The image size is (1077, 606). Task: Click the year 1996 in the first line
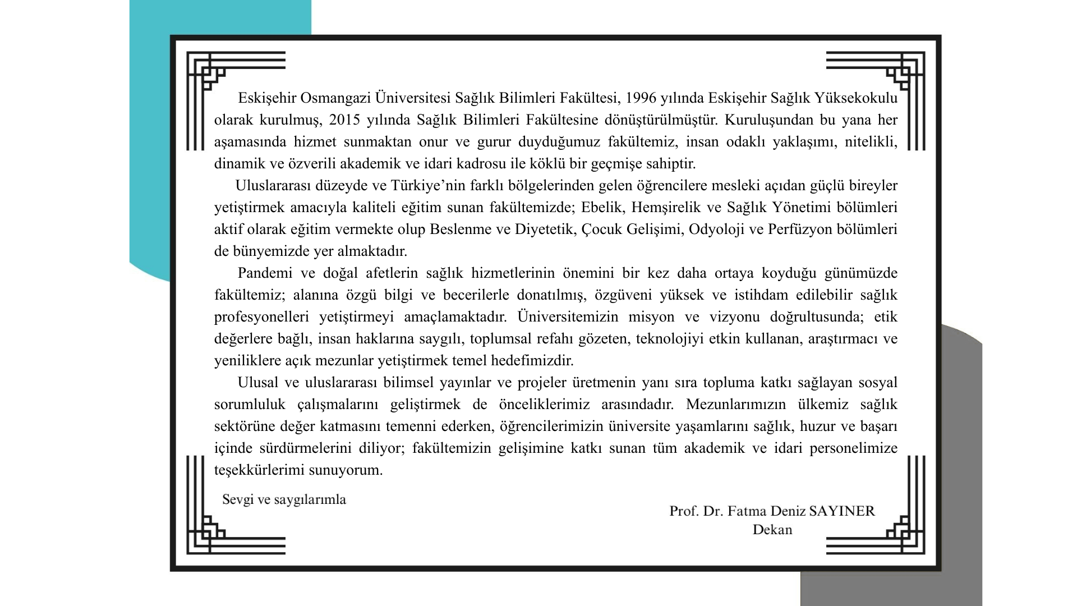tap(641, 98)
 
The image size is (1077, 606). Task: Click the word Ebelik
tap(602, 208)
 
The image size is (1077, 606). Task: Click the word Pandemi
tap(265, 273)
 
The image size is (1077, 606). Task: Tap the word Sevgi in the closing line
tap(237, 499)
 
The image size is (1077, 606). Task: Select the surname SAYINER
tap(843, 511)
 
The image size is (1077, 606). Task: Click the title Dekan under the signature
tap(772, 530)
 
